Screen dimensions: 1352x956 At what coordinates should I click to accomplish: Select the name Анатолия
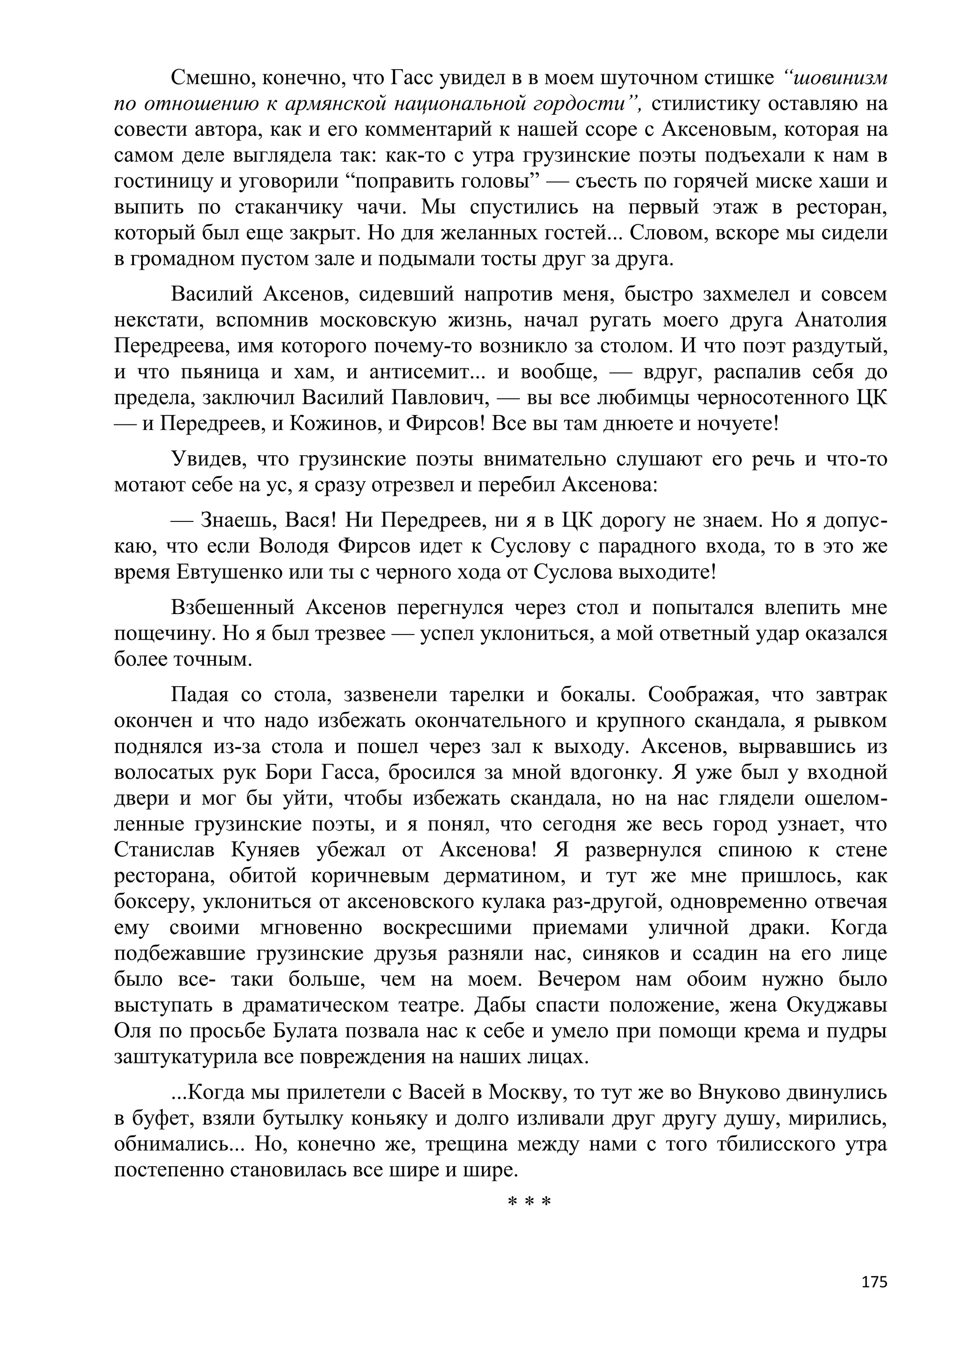841,320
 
